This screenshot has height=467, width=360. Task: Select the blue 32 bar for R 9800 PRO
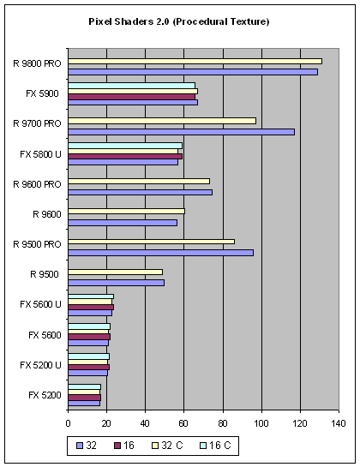tap(193, 72)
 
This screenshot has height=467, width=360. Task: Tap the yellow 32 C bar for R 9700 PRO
tap(162, 121)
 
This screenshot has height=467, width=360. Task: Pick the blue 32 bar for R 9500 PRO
tap(161, 253)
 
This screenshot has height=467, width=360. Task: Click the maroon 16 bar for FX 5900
tap(132, 97)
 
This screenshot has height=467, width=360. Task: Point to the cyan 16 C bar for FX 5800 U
tap(125, 146)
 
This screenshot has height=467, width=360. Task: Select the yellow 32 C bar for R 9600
tap(126, 212)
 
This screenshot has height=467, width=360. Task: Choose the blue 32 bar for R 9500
tap(117, 283)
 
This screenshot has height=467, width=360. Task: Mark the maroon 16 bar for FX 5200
tap(85, 398)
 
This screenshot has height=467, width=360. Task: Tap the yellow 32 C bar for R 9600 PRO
tap(139, 182)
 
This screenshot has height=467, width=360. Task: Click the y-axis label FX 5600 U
tap(40, 304)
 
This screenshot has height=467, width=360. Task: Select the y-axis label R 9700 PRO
tap(37, 123)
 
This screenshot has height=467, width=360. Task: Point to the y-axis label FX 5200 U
tap(40, 365)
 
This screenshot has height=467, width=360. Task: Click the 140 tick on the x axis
tap(339, 423)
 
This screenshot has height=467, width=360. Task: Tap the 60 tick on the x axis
tap(183, 423)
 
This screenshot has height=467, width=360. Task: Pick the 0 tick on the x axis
tap(69, 423)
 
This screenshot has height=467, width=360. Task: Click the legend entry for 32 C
tap(167, 446)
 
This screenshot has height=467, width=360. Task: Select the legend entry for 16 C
tap(216, 446)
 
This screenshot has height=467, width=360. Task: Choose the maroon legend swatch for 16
tap(117, 446)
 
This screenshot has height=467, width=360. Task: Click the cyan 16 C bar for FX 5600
tap(89, 326)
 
